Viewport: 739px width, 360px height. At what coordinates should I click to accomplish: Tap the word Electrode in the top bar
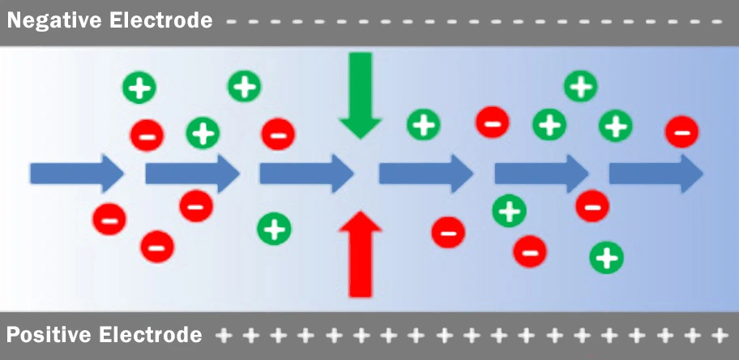[x=161, y=20]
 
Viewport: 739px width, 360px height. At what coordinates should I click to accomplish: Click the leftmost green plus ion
[x=140, y=87]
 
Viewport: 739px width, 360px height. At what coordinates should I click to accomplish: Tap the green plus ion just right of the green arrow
[x=422, y=124]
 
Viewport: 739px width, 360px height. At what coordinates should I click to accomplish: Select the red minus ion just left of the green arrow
[x=277, y=132]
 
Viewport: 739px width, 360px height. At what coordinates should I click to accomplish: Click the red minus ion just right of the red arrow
[x=448, y=232]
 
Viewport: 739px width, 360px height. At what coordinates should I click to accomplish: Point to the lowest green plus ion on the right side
[x=606, y=257]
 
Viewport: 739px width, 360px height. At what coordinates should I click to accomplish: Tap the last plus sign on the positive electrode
[x=718, y=334]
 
